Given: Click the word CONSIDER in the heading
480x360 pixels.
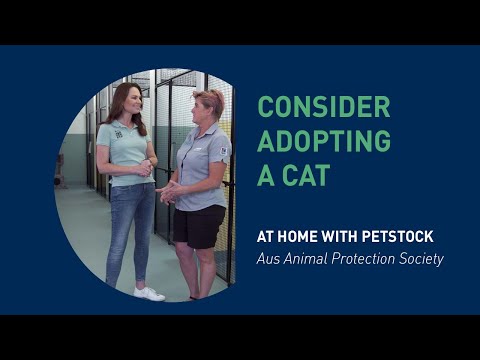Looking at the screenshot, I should pyautogui.click(x=323, y=107).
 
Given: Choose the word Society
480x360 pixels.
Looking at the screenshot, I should pyautogui.click(x=418, y=259).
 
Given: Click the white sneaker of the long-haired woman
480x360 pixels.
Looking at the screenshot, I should pyautogui.click(x=149, y=293).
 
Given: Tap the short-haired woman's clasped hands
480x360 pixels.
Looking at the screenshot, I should pyautogui.click(x=171, y=191).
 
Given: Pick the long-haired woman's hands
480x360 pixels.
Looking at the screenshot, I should pyautogui.click(x=144, y=168).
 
